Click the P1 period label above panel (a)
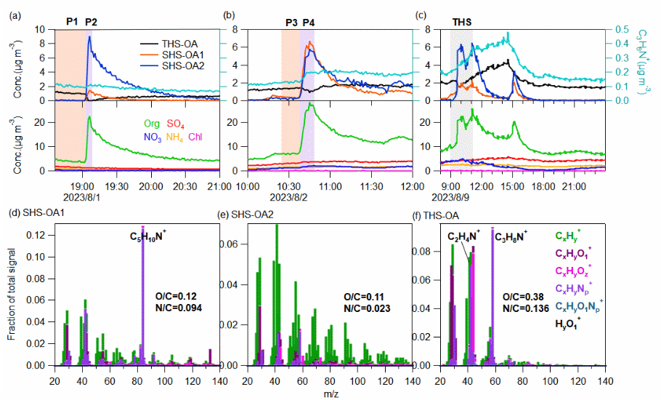72,22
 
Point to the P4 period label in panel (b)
309,23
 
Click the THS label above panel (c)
462,23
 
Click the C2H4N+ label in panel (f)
465,236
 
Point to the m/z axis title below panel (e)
330,393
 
